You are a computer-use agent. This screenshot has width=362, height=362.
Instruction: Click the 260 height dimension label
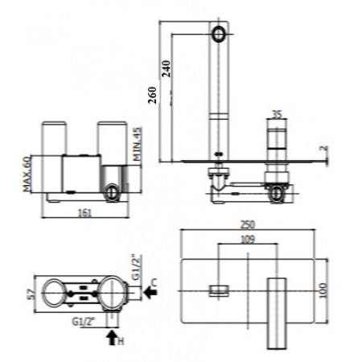pyautogui.click(x=152, y=95)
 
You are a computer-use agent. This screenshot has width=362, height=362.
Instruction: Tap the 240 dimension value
pyautogui.click(x=167, y=69)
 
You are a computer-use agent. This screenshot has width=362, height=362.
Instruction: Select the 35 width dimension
pyautogui.click(x=277, y=114)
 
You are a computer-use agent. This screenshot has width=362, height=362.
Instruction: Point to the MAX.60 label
pyautogui.click(x=27, y=174)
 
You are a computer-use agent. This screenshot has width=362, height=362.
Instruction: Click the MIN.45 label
pyautogui.click(x=138, y=144)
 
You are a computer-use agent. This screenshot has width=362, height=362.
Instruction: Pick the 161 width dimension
pyautogui.click(x=84, y=213)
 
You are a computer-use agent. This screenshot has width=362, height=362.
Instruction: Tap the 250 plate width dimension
pyautogui.click(x=247, y=224)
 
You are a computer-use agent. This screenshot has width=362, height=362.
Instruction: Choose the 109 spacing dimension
pyautogui.click(x=248, y=239)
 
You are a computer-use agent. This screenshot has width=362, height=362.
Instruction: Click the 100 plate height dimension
pyautogui.click(x=323, y=290)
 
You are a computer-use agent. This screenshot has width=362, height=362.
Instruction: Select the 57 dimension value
pyautogui.click(x=31, y=294)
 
